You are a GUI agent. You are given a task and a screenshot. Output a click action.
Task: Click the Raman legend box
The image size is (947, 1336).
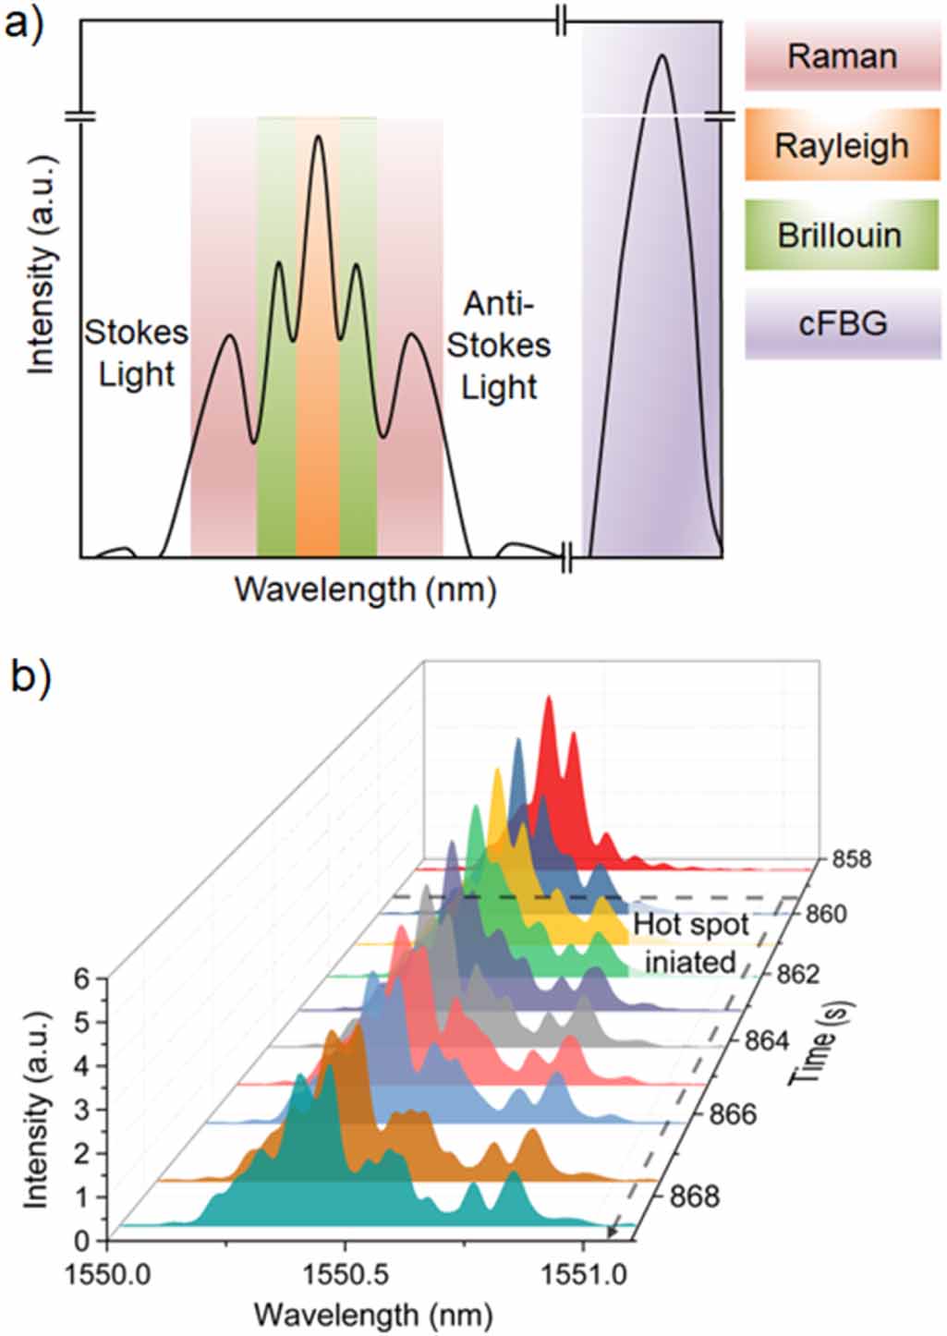tap(842, 56)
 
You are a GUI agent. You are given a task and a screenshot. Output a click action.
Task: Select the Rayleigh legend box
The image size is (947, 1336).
tap(842, 145)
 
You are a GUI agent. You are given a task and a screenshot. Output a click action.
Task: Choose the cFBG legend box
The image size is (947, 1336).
tap(843, 323)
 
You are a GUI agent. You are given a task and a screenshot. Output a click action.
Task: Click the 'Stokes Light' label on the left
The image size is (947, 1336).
tap(137, 353)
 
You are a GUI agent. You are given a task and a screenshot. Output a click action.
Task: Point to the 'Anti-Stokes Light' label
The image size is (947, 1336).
tap(499, 345)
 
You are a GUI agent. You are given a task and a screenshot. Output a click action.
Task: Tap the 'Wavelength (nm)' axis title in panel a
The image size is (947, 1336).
tap(365, 589)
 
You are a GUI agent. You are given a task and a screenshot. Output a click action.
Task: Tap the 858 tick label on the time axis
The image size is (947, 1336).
tap(851, 859)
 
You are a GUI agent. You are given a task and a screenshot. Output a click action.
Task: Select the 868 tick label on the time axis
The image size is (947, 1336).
tap(694, 1196)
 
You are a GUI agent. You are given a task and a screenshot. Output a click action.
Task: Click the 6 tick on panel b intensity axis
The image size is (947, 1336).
tap(84, 978)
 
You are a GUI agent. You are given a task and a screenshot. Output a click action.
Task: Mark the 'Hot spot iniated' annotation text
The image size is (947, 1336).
tap(690, 943)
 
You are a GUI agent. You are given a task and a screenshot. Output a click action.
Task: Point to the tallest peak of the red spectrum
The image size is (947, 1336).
tap(549, 698)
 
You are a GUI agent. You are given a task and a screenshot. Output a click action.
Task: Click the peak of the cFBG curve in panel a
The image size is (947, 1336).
tap(662, 56)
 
